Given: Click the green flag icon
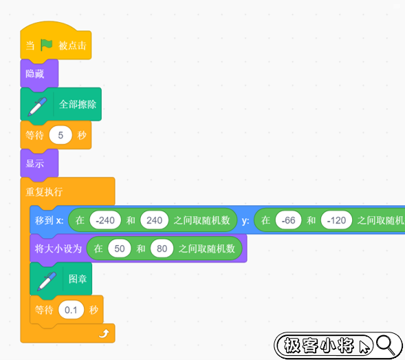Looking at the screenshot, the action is pyautogui.click(x=46, y=45).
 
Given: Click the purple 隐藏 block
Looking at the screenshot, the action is pyautogui.click(x=39, y=74).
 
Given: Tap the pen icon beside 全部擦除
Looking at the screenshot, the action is pyautogui.click(x=37, y=106).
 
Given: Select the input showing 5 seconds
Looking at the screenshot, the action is pyautogui.click(x=61, y=135).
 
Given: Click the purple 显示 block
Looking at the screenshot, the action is pyautogui.click(x=39, y=163).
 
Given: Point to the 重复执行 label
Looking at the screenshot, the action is pyautogui.click(x=44, y=192).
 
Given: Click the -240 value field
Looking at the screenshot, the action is pyautogui.click(x=105, y=220).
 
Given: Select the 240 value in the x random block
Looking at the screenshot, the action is pyautogui.click(x=154, y=220).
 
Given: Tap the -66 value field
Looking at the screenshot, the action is pyautogui.click(x=288, y=220).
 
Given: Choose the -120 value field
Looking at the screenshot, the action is pyautogui.click(x=336, y=220).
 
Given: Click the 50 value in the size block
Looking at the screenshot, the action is pyautogui.click(x=120, y=248).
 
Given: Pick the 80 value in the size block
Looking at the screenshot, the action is pyautogui.click(x=162, y=248).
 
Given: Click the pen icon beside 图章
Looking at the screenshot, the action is pyautogui.click(x=47, y=281).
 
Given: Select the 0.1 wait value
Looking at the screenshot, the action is pyautogui.click(x=71, y=310).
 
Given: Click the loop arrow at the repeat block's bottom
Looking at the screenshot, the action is pyautogui.click(x=104, y=334).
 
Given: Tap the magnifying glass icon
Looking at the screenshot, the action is pyautogui.click(x=386, y=345).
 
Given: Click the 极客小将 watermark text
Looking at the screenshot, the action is pyautogui.click(x=319, y=346).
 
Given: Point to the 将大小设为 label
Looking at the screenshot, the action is pyautogui.click(x=58, y=248).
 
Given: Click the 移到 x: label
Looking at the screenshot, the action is pyautogui.click(x=49, y=220).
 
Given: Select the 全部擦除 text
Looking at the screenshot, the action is pyautogui.click(x=78, y=105).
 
